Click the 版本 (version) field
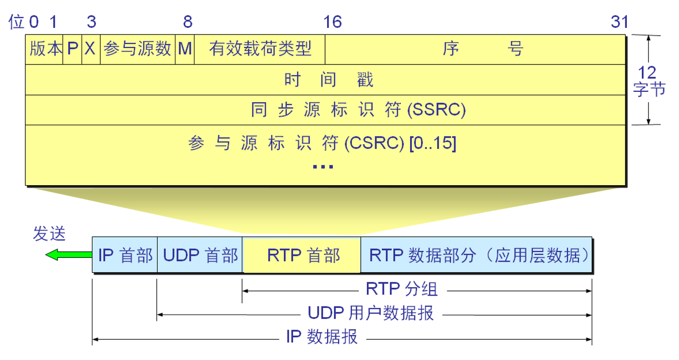(44, 49)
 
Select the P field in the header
(72, 49)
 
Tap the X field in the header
(91, 49)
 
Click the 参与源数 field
(138, 49)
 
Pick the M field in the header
(185, 49)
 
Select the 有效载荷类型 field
(260, 49)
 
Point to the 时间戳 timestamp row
(328, 80)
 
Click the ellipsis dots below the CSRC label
(324, 167)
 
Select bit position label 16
(332, 22)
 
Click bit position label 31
(619, 22)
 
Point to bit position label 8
(187, 22)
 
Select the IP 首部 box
(125, 255)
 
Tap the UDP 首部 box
(200, 255)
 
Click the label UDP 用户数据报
(370, 313)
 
